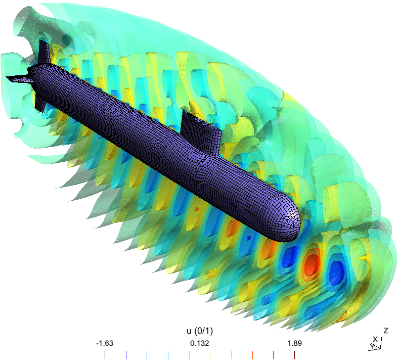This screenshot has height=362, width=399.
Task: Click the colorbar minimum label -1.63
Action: tap(105, 343)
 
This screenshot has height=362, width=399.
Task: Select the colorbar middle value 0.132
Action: tap(199, 343)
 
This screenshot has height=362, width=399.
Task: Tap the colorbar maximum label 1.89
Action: tap(295, 343)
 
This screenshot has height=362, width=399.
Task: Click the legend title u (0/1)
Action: tap(200, 331)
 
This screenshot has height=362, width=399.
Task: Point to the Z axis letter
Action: tap(386, 331)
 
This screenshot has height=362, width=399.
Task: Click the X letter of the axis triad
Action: tap(375, 339)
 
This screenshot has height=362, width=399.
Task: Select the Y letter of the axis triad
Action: tap(372, 346)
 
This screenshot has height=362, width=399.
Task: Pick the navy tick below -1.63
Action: tap(105, 355)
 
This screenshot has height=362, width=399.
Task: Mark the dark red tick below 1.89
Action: tap(294, 355)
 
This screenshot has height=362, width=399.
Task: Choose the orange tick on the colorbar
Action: tap(252, 355)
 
